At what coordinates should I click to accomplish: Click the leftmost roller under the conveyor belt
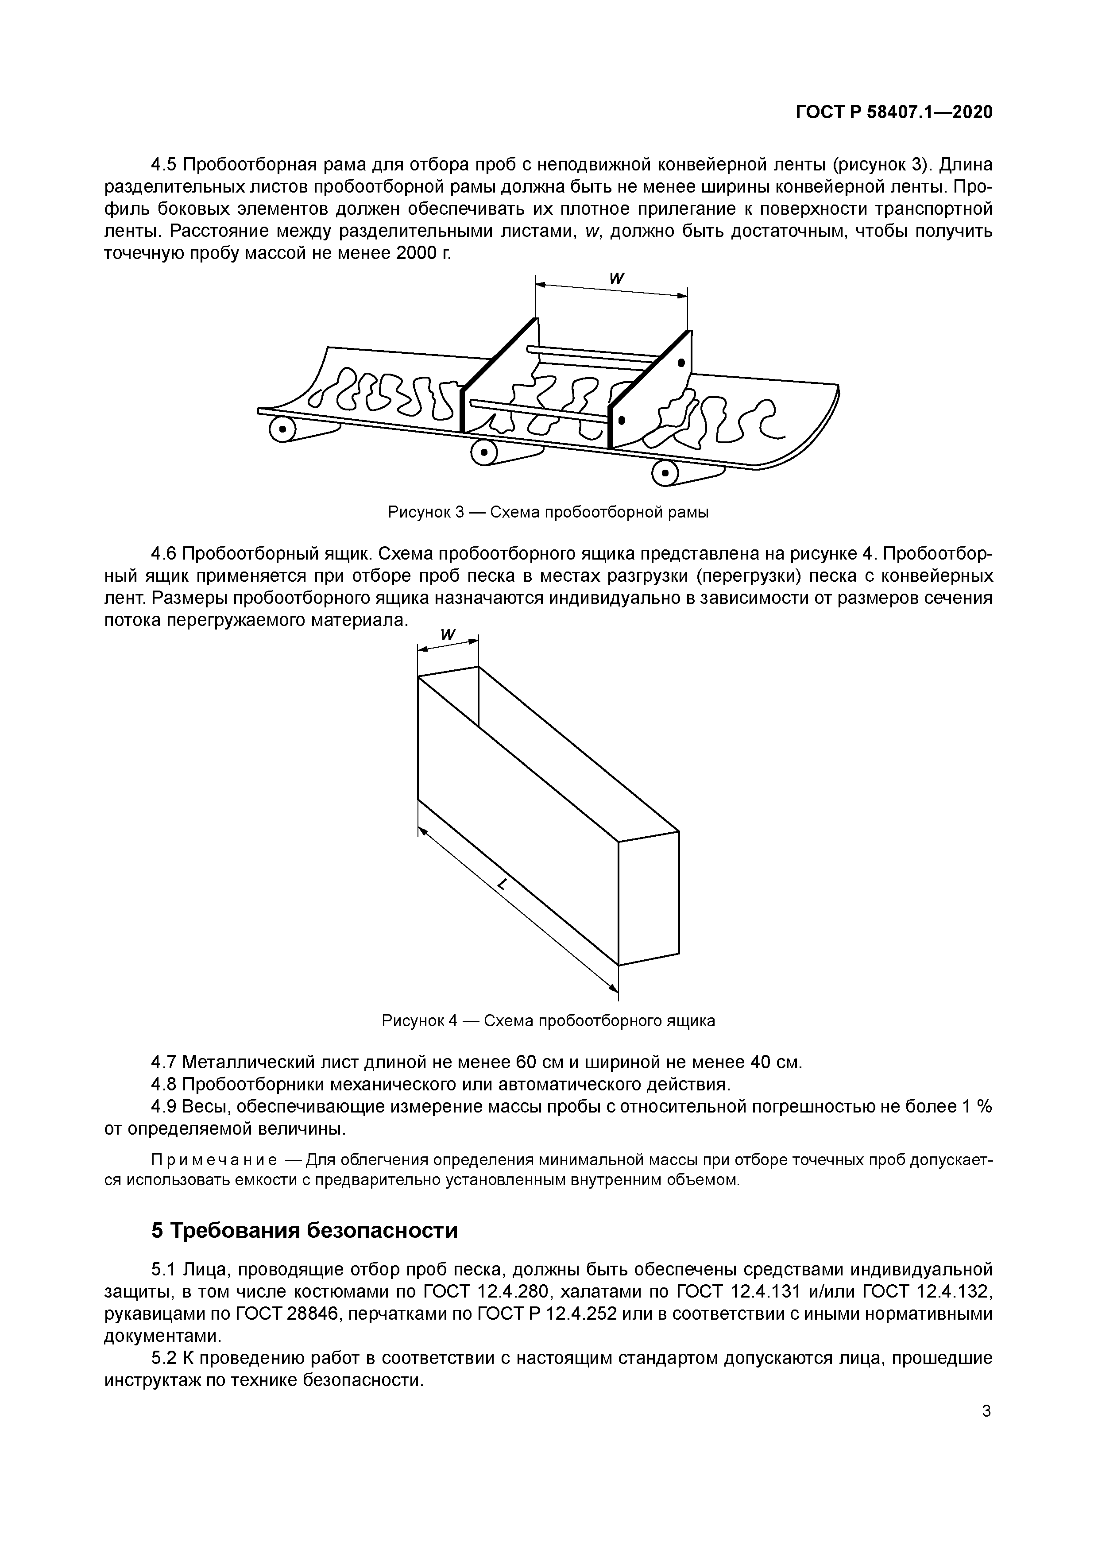pyautogui.click(x=282, y=429)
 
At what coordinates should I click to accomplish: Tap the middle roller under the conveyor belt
pyautogui.click(x=483, y=452)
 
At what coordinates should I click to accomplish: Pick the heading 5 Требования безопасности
pyautogui.click(x=305, y=1230)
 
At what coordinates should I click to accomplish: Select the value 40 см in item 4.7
pyautogui.click(x=775, y=1062)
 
